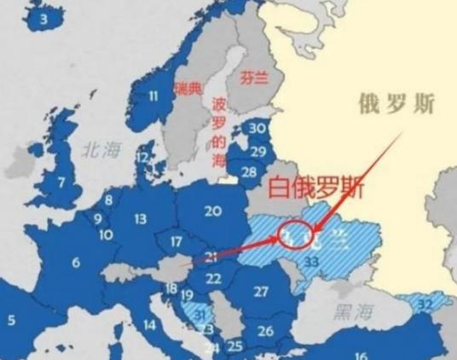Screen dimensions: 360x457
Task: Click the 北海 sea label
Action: (x=101, y=150)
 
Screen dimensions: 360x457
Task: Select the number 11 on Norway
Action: (x=155, y=96)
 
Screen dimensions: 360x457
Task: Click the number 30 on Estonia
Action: (x=257, y=128)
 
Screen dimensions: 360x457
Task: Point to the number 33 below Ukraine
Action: (x=312, y=261)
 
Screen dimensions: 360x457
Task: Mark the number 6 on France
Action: (x=76, y=263)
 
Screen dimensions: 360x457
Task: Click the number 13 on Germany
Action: (x=140, y=219)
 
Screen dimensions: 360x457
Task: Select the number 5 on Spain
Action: (x=11, y=321)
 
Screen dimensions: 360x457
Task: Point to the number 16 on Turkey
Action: (x=362, y=356)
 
